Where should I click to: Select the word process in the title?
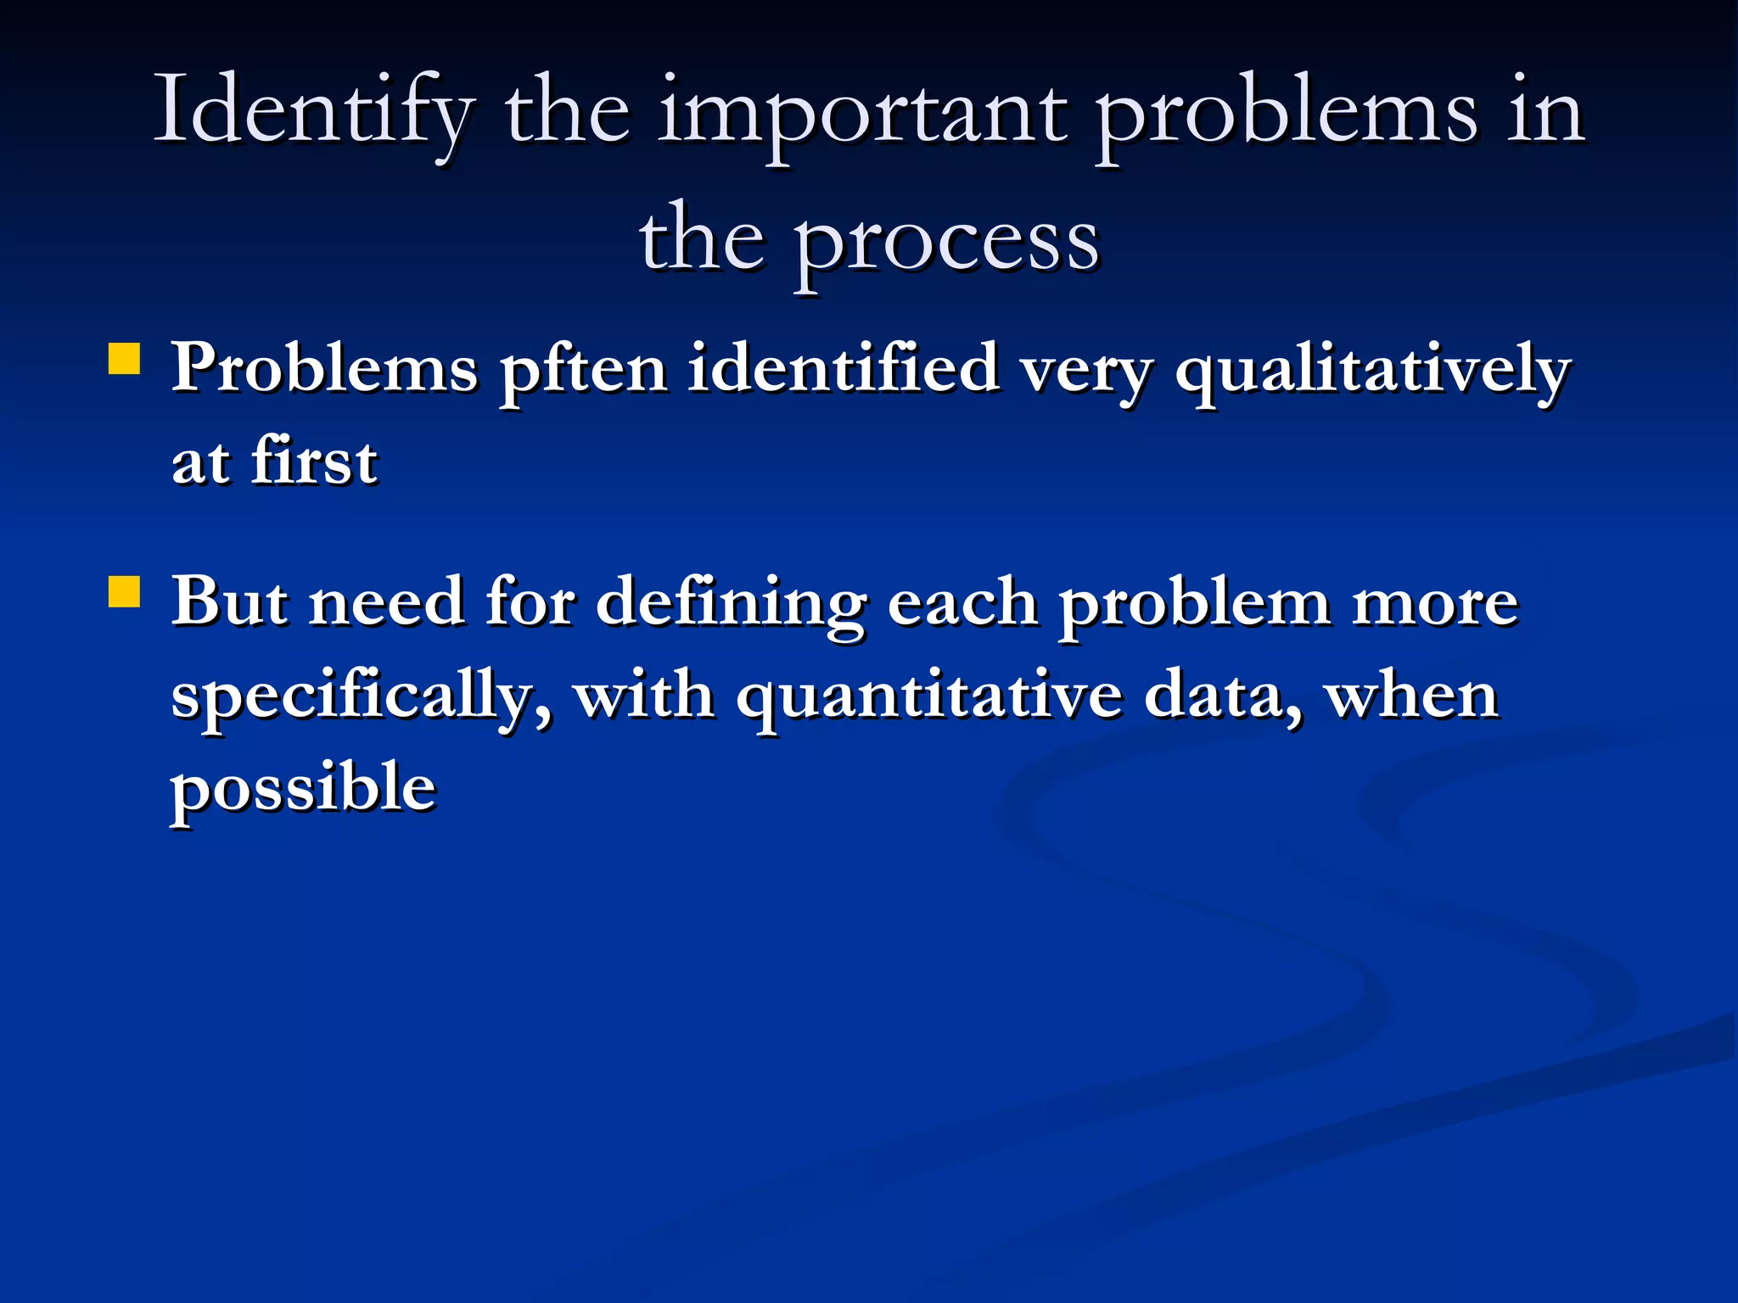[946, 242]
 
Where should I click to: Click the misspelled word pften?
[584, 371]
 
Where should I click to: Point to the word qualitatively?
[1372, 371]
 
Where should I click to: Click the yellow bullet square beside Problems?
[125, 359]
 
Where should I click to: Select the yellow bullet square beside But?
[125, 593]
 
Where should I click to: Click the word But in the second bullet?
[229, 602]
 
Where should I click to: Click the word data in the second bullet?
[1222, 696]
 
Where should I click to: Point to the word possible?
[304, 790]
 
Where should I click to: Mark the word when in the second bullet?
[1412, 696]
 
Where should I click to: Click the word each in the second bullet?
[962, 602]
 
